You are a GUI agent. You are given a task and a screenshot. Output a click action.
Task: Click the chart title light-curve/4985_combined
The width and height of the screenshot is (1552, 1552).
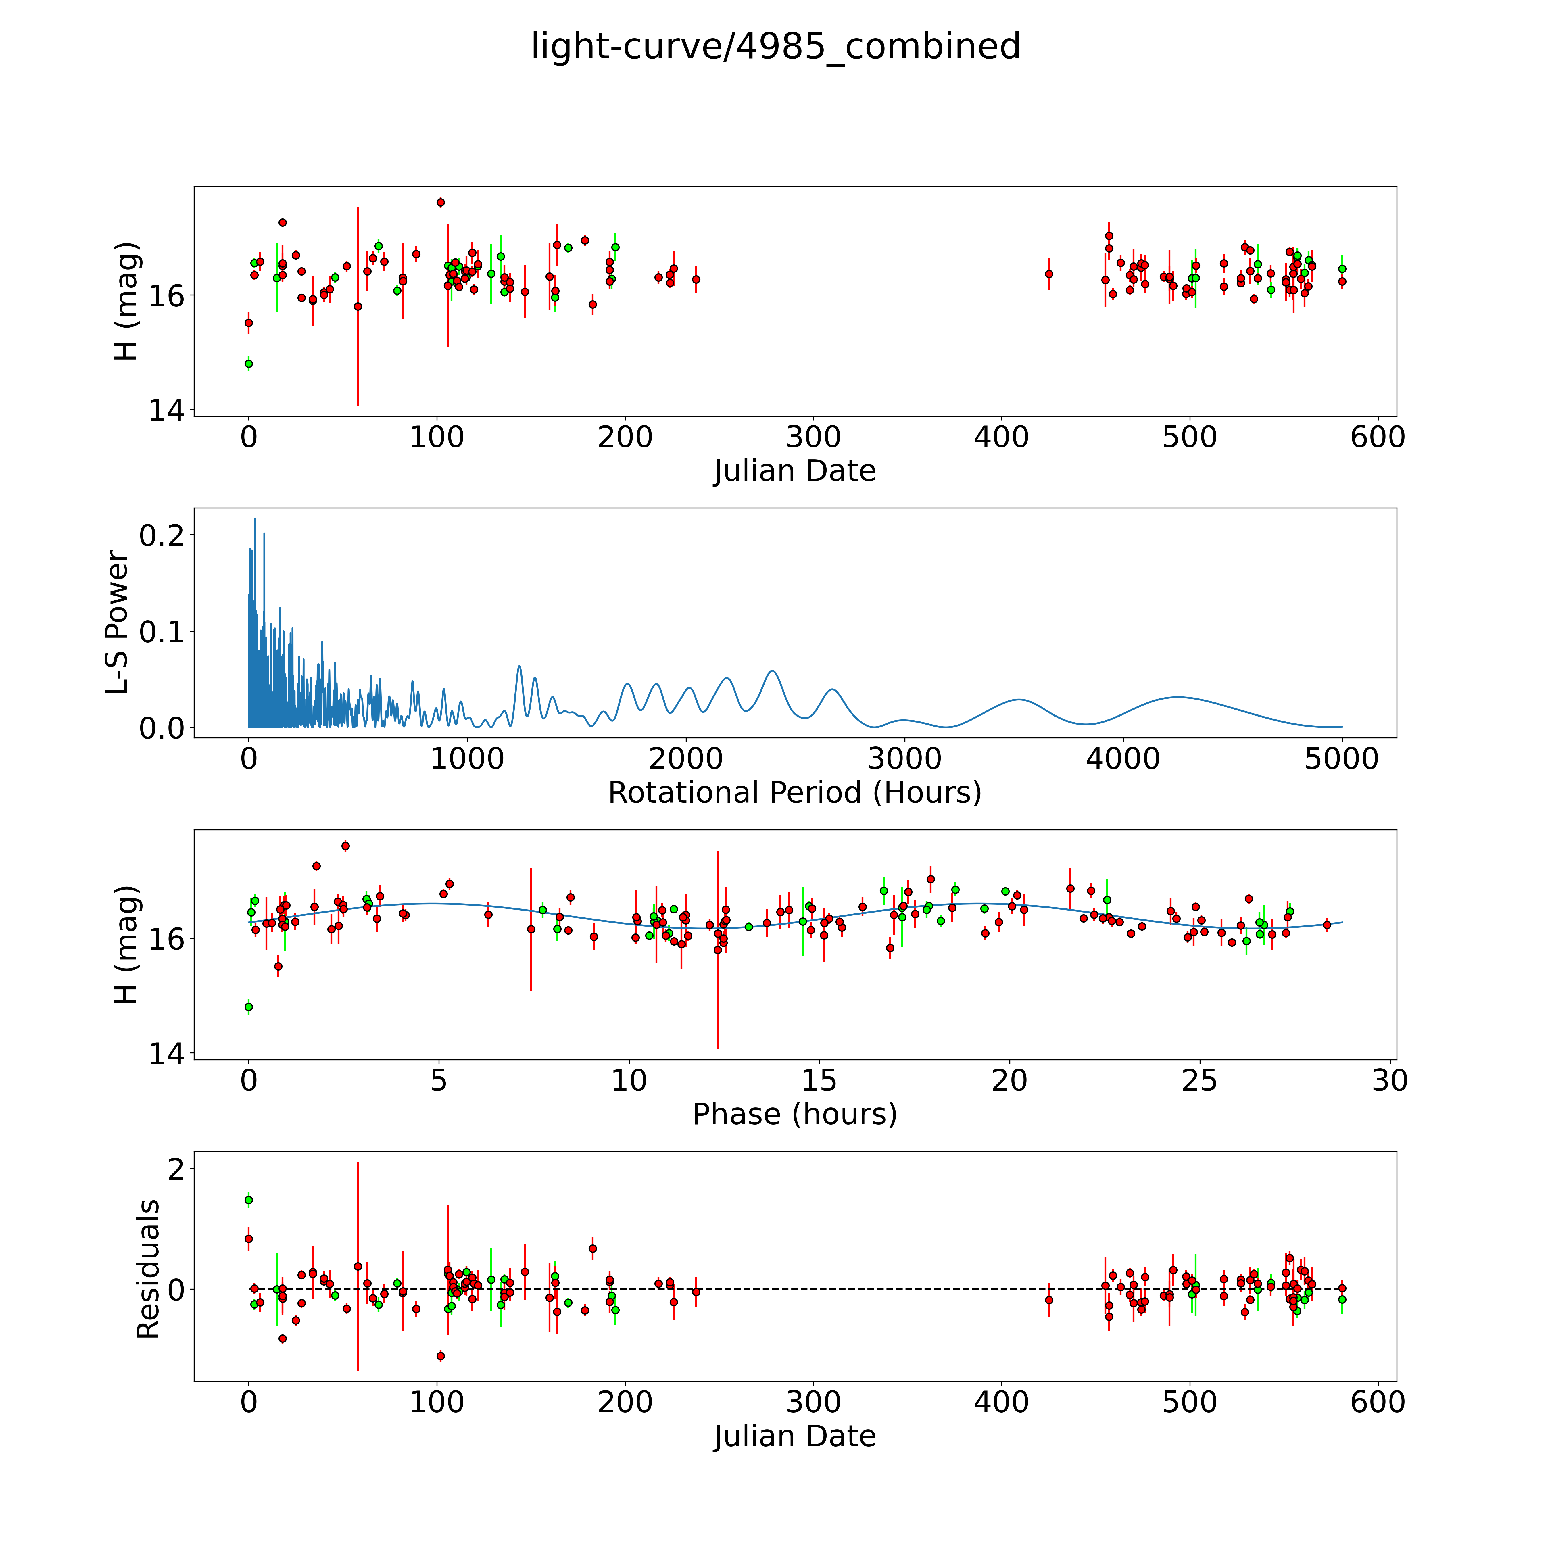pyautogui.click(x=775, y=47)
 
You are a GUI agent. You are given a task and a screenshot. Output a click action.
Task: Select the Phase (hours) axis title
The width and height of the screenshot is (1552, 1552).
pyautogui.click(x=794, y=1114)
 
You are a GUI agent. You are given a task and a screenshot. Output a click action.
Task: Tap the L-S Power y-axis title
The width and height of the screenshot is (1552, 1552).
pyautogui.click(x=117, y=623)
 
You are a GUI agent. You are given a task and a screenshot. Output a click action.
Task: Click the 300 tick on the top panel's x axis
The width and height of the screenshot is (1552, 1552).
pyautogui.click(x=814, y=438)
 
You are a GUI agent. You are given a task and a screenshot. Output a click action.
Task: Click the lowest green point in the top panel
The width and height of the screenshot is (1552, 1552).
pyautogui.click(x=248, y=364)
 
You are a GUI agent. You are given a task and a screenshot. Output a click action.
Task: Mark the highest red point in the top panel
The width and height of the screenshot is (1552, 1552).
pyautogui.click(x=440, y=202)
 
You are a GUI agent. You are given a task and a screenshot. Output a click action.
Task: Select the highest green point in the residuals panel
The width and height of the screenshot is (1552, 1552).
pyautogui.click(x=248, y=1200)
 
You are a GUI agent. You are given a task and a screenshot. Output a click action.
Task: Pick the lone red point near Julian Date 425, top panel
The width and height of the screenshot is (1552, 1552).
pyautogui.click(x=1048, y=274)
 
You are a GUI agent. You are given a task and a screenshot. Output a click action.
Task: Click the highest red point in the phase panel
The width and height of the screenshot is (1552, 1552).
pyautogui.click(x=345, y=845)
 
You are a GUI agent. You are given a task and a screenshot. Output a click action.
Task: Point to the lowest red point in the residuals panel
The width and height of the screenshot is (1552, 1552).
pyautogui.click(x=440, y=1356)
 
